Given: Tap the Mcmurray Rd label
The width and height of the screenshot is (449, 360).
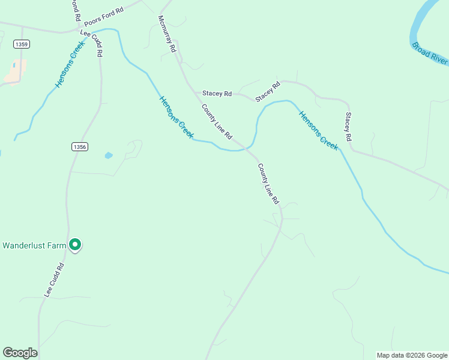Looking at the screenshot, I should point(166,33).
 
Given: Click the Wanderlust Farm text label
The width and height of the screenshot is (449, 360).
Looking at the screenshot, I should point(33,245).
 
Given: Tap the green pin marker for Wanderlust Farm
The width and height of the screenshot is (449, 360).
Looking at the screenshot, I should point(75,245).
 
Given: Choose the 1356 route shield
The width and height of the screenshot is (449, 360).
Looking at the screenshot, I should point(79,147).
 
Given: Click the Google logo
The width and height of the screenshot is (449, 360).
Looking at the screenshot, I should point(20,353).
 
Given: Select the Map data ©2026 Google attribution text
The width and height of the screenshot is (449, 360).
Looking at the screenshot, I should point(412,355).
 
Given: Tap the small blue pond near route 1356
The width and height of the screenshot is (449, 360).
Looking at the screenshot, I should point(109,155).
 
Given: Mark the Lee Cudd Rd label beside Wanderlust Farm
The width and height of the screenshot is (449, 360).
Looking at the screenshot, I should point(53,280).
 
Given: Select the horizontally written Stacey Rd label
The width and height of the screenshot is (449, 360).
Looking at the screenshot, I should point(217,94).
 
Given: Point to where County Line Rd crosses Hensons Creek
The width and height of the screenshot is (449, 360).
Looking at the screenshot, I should point(246,147).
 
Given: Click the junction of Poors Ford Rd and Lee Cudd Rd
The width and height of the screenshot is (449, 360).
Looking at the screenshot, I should point(80,28).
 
